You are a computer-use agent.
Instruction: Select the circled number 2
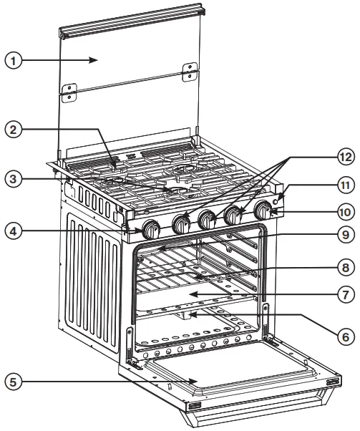[x=13, y=130]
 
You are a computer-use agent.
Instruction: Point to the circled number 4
[x=13, y=232]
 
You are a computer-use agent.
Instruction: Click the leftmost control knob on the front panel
[x=151, y=230]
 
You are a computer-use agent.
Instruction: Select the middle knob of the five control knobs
[x=208, y=220]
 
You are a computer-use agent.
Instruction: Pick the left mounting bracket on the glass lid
[x=69, y=92]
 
